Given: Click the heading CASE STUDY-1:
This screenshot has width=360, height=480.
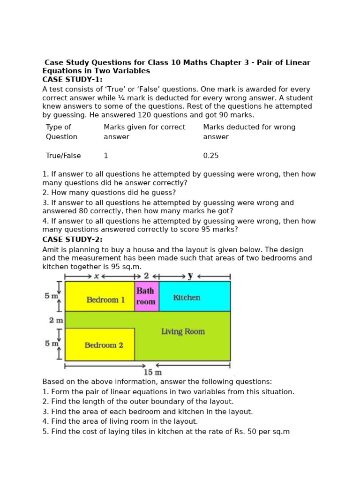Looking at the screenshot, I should pos(72,80).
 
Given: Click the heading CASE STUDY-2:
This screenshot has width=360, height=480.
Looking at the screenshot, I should pos(72,240).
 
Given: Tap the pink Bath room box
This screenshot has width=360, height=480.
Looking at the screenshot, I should pos(146,296).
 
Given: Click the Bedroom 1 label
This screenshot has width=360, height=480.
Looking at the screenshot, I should pos(105,300).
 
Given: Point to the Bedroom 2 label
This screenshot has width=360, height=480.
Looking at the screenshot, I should pos(104,345).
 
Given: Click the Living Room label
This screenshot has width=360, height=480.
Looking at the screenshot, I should pos(183,331).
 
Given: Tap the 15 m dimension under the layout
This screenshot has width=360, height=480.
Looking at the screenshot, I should pos(153,372).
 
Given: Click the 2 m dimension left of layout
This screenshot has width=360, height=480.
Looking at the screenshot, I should pos(56,321).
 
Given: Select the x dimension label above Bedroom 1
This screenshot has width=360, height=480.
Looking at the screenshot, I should pos(97,276).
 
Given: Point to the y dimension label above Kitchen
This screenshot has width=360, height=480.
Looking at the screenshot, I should pos(190,276).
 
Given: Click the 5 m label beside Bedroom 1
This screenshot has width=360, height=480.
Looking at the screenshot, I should pos(51,296).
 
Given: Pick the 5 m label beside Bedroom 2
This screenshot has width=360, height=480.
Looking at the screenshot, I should pos(51,344).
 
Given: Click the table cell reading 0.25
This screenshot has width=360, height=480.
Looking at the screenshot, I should pos(211,156).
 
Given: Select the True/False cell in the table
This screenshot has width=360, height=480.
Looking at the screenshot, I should pos(63,156).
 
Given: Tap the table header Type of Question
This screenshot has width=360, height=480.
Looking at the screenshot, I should pos(61,132).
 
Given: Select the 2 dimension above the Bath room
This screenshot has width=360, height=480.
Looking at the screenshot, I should pos(146,276).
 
